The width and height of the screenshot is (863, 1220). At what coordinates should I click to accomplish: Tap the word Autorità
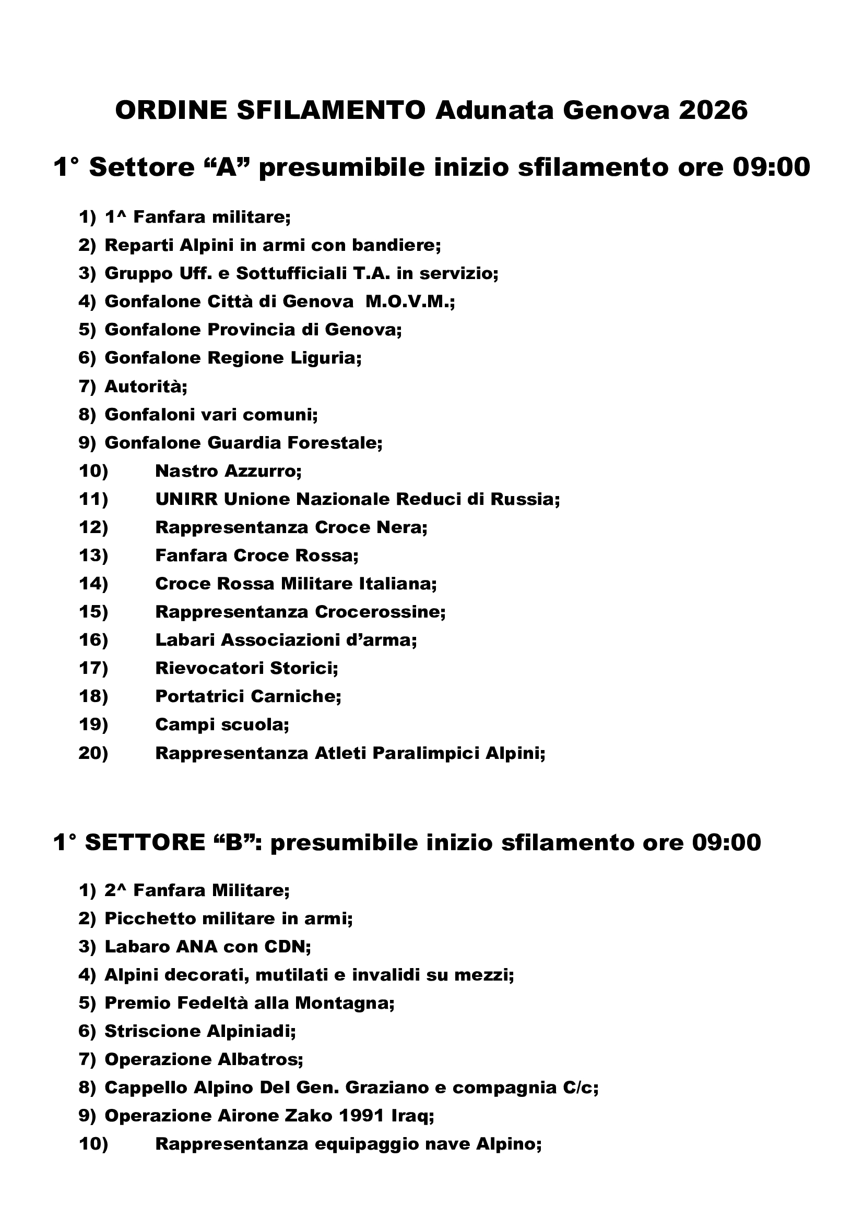pyautogui.click(x=146, y=386)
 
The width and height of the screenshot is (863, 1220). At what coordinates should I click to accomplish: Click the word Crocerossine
pyautogui.click(x=380, y=612)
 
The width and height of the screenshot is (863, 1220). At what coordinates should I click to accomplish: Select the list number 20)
pyautogui.click(x=93, y=753)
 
